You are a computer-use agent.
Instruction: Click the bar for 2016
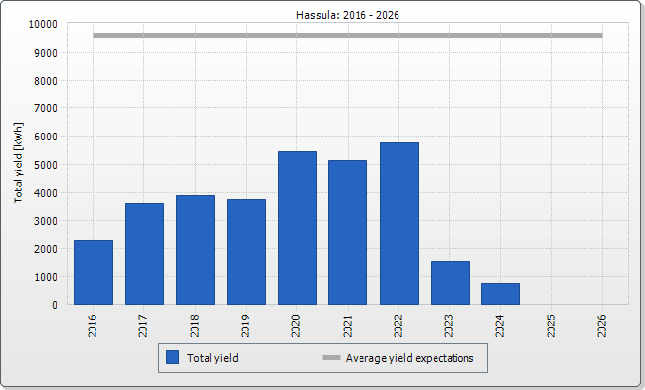coord(94,272)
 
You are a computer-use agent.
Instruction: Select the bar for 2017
coord(144,253)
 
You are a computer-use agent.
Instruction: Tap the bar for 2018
coord(195,250)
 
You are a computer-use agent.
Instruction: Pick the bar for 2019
coord(247,252)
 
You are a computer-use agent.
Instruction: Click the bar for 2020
coord(297,228)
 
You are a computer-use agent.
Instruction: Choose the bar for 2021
coord(348,232)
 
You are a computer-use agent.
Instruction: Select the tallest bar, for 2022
coord(398,223)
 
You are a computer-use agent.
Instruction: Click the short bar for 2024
coord(501,293)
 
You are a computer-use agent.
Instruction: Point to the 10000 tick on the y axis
coord(43,24)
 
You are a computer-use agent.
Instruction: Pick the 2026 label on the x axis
coord(603,326)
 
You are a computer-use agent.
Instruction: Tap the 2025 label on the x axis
coord(552,326)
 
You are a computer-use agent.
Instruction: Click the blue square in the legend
coord(172,358)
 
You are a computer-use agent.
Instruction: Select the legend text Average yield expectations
coord(409,358)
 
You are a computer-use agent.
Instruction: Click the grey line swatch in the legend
coord(331,358)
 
